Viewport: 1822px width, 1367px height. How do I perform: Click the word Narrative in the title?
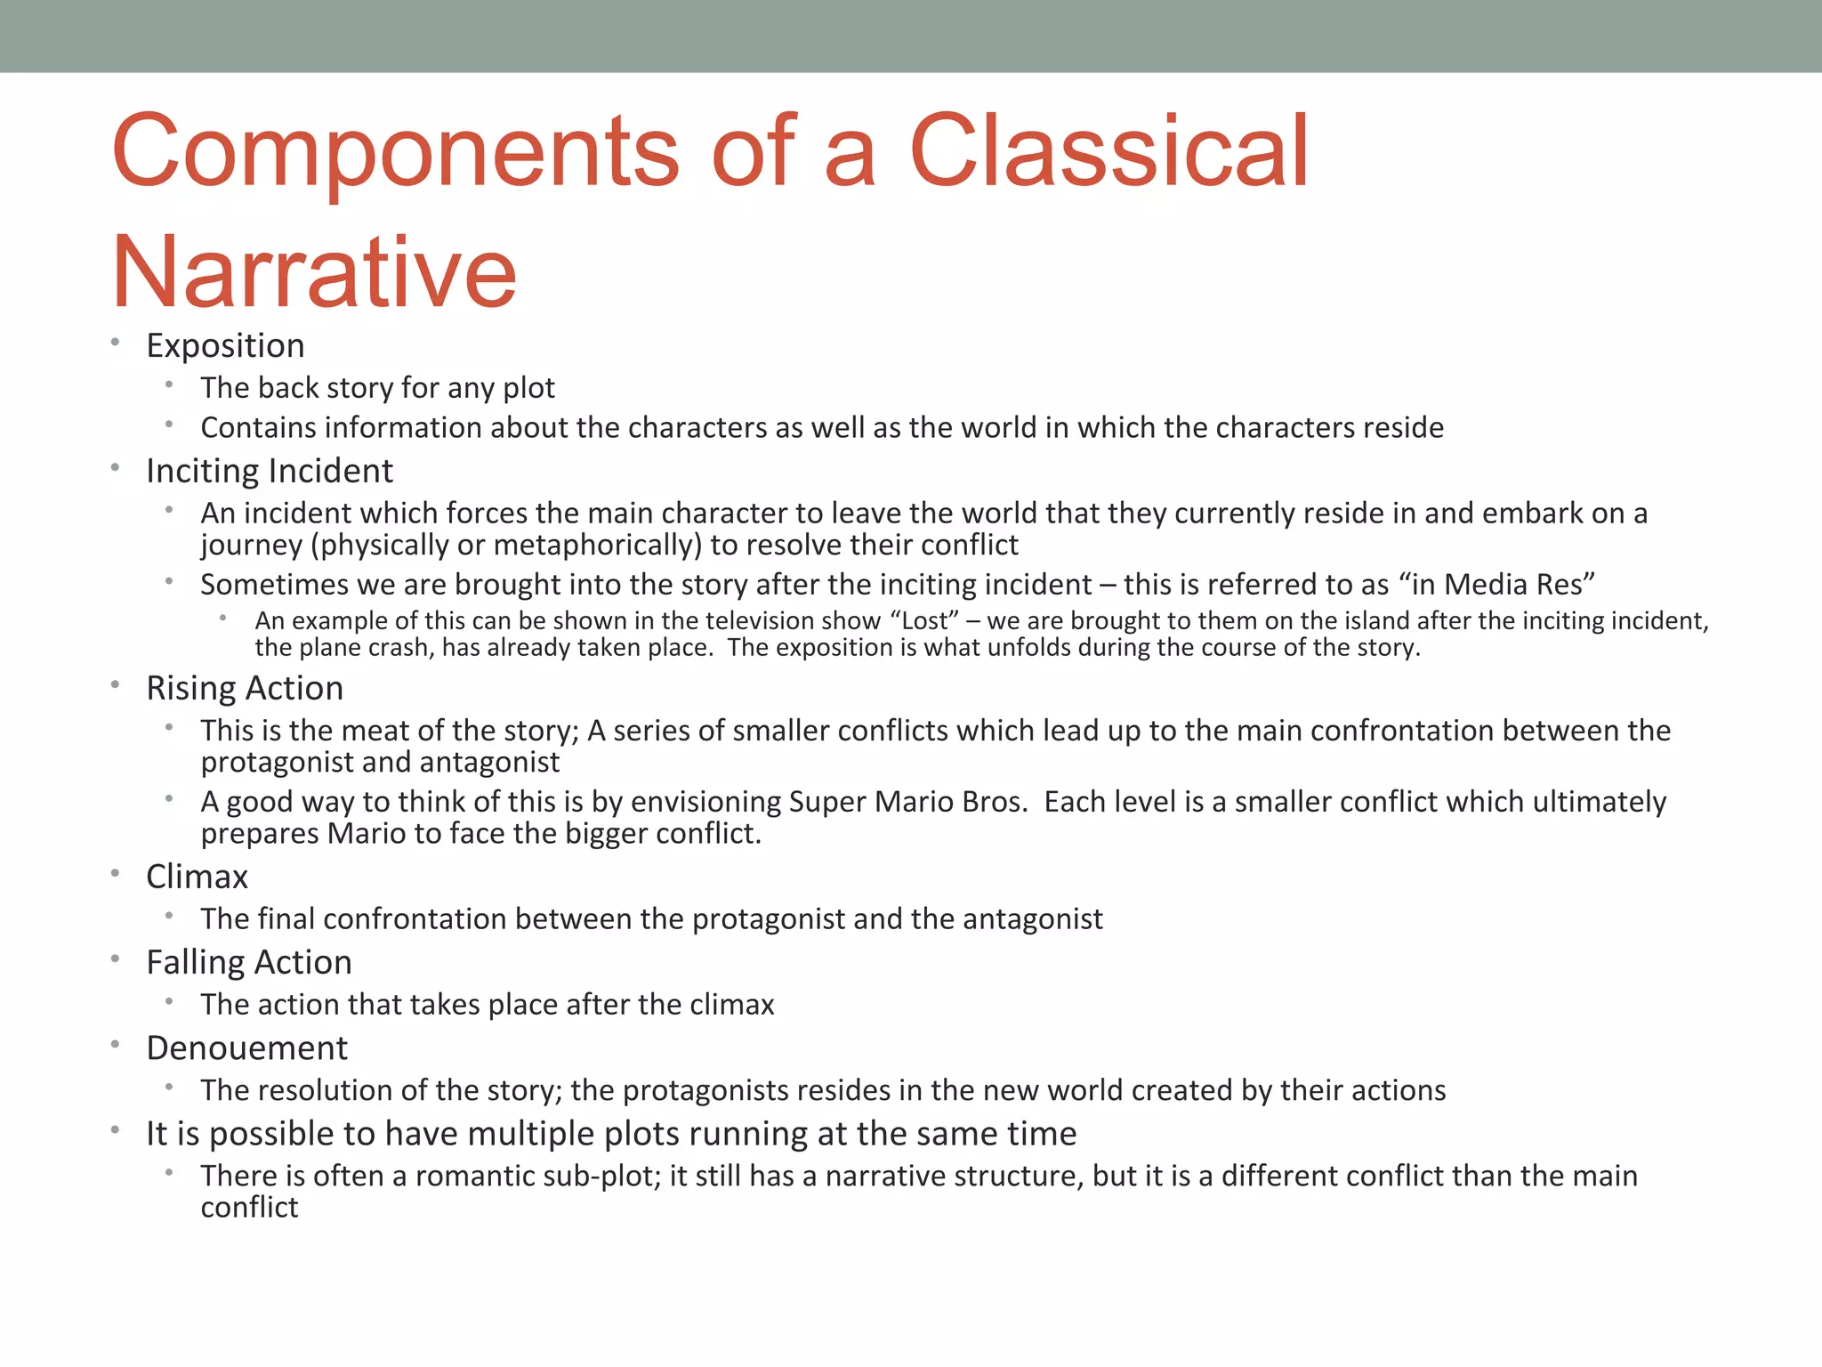pos(313,271)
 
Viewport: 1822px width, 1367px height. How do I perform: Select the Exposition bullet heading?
pos(225,345)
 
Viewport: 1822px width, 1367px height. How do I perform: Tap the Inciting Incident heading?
pos(269,471)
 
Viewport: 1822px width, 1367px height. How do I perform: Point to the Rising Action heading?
pos(245,688)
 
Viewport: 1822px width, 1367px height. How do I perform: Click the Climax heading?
pos(197,877)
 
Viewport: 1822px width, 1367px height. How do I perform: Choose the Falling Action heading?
pos(249,962)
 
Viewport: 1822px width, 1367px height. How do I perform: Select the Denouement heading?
pos(246,1048)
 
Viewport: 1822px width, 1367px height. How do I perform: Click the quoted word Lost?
pos(924,620)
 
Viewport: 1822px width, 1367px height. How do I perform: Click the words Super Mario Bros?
pos(907,802)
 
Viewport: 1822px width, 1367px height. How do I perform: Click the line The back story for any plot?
pos(377,388)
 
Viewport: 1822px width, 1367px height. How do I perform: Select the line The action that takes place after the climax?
pos(487,1005)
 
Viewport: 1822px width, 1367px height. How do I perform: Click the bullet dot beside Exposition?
pos(116,342)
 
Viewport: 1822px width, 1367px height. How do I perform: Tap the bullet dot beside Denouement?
pos(116,1045)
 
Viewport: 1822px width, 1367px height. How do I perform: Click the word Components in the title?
pos(395,151)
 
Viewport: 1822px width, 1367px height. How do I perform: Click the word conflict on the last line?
pos(249,1208)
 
